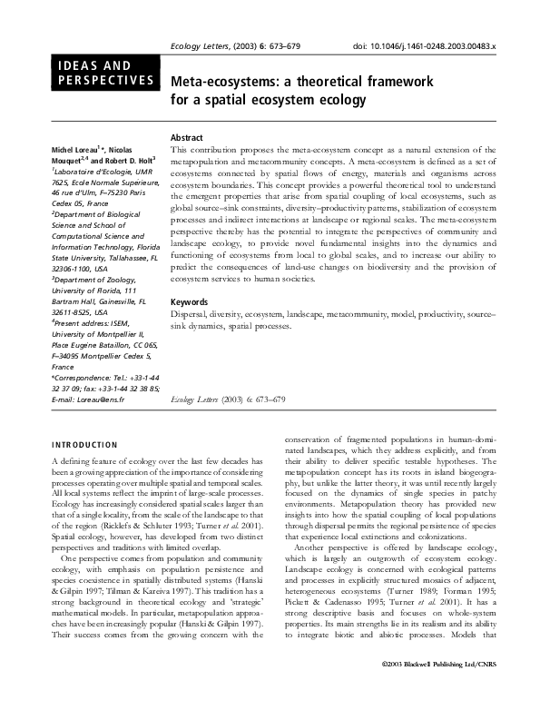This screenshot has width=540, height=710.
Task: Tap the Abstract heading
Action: click(186, 135)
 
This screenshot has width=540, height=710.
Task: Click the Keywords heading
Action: click(190, 301)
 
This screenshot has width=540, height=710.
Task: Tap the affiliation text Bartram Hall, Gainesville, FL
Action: click(101, 300)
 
